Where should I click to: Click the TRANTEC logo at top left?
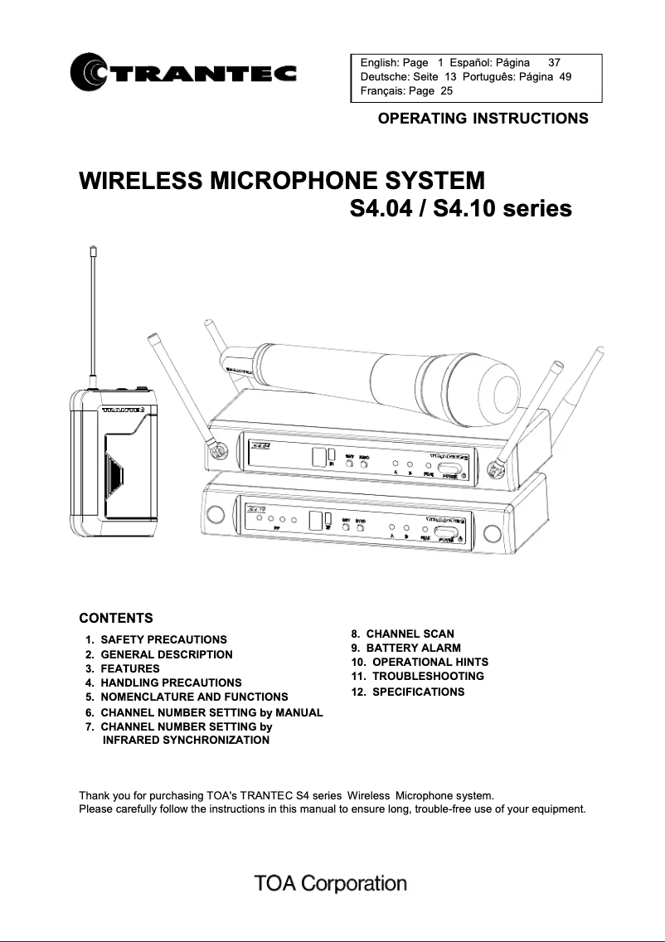point(184,74)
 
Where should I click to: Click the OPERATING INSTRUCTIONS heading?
point(483,118)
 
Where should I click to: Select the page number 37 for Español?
point(555,62)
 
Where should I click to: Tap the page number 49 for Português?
point(565,76)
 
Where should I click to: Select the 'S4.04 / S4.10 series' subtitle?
point(461,208)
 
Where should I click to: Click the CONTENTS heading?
point(115,619)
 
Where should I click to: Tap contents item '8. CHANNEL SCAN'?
point(403,634)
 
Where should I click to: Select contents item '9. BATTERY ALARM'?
point(406,648)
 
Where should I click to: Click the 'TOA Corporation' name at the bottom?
point(331,883)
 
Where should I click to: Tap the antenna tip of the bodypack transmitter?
point(95,249)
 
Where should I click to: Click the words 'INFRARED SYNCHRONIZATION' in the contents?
point(186,740)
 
